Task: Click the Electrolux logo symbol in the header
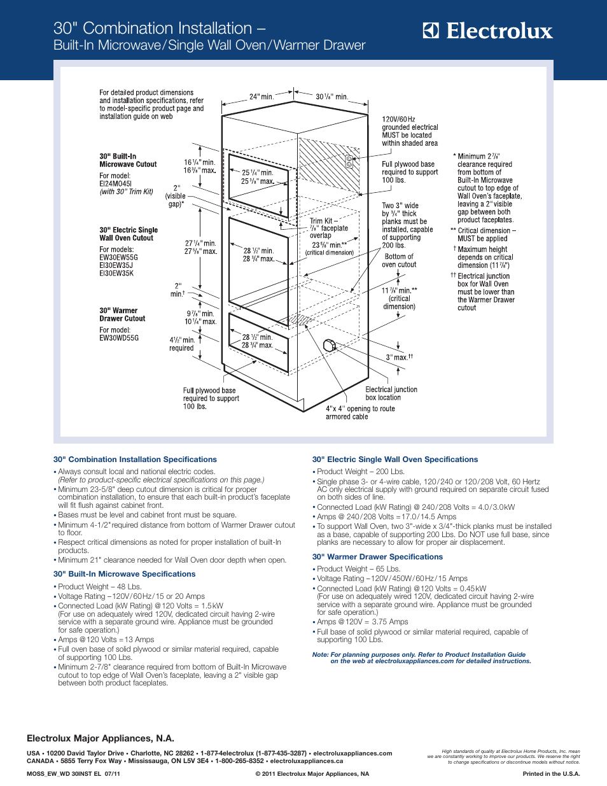pos(431,31)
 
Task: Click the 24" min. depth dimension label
pos(262,97)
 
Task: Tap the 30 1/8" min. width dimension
pos(332,97)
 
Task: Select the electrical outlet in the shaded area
pos(349,162)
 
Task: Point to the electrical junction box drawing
pos(330,345)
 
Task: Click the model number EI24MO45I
pos(116,184)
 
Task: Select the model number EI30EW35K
pos(116,274)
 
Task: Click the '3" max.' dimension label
pos(399,357)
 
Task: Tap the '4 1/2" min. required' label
pos(182,344)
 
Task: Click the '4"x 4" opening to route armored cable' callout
pos(360,412)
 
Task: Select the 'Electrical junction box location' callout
pos(391,393)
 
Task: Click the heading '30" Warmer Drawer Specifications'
pos(377,557)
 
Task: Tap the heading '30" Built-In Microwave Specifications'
pos(124,574)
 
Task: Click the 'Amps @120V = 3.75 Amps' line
pos(360,622)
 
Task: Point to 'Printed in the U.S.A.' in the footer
pos(551,774)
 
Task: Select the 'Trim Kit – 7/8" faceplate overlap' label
pos(328,228)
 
